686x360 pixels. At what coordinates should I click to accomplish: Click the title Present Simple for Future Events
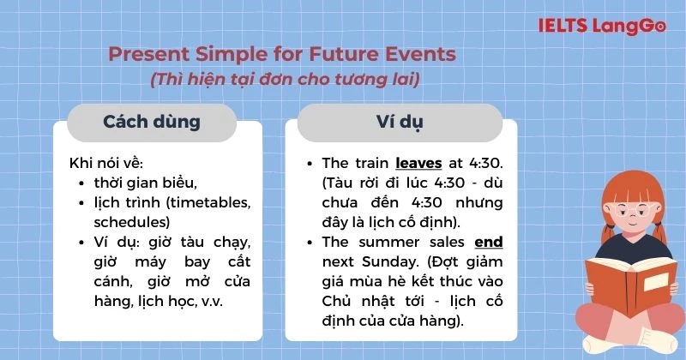pos(282,55)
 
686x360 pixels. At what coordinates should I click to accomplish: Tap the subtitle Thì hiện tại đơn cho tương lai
pos(284,80)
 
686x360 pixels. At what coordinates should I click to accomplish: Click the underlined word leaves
pos(418,162)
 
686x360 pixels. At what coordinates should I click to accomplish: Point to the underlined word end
pos(488,242)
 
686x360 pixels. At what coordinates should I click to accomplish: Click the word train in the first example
pos(370,162)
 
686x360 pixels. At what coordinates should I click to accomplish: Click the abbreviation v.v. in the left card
pos(231,302)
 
